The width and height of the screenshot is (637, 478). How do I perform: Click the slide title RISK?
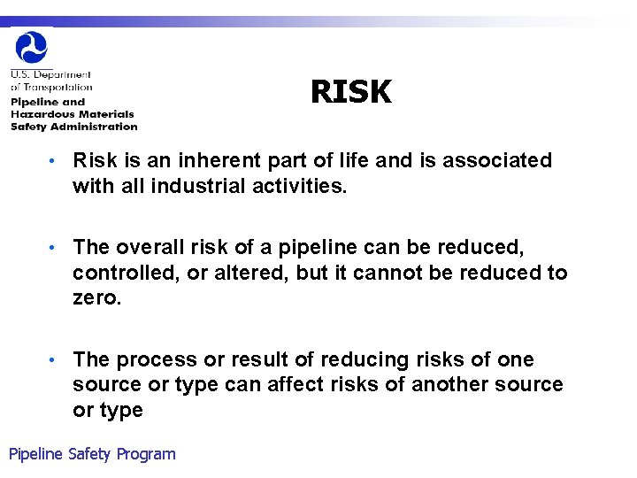click(350, 91)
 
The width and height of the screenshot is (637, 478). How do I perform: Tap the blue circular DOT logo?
click(32, 47)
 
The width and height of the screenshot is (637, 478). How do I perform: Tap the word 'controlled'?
click(127, 272)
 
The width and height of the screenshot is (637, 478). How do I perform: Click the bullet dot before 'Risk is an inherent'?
click(54, 161)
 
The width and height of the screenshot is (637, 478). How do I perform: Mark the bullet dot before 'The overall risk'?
click(54, 248)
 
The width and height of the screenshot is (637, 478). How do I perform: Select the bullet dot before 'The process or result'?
click(54, 360)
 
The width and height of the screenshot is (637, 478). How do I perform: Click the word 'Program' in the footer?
click(146, 454)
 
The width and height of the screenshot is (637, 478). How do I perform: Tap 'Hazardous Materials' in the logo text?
click(72, 114)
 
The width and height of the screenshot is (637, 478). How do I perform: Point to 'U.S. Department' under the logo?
click(50, 75)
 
